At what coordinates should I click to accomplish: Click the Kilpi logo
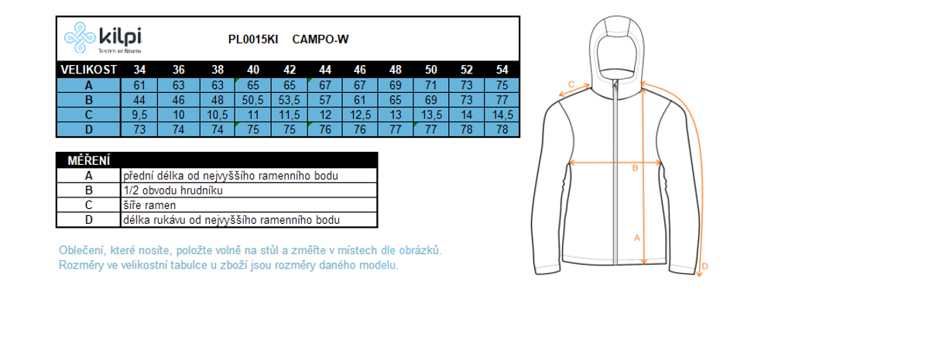click(x=103, y=37)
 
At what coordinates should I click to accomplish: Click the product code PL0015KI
click(x=253, y=39)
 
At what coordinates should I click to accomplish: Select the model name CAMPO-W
click(x=321, y=39)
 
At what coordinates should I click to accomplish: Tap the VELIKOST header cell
click(x=89, y=70)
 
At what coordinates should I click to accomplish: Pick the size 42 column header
click(x=290, y=70)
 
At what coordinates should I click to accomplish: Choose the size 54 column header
click(x=502, y=70)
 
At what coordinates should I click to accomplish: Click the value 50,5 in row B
click(x=252, y=100)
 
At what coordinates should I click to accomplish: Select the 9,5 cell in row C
click(x=139, y=115)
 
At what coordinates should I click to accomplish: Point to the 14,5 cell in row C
click(x=502, y=115)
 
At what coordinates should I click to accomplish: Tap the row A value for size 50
click(x=431, y=85)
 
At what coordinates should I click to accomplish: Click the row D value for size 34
click(x=139, y=130)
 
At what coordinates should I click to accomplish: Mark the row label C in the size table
click(x=89, y=115)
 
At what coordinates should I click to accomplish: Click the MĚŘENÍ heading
click(x=89, y=160)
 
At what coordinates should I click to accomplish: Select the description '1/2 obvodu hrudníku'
click(x=173, y=190)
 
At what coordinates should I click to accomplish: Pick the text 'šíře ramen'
click(x=149, y=205)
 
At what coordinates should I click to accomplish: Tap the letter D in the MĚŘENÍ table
click(x=89, y=220)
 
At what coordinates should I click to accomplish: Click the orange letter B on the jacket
click(x=635, y=168)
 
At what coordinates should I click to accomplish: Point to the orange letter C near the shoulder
click(x=571, y=84)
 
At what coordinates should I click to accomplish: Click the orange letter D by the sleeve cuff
click(x=704, y=266)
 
